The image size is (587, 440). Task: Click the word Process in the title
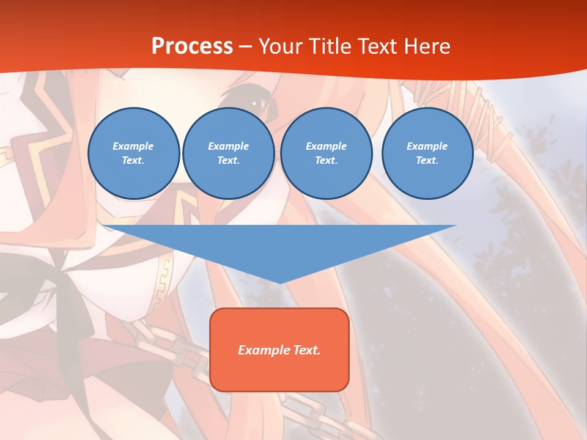[192, 46]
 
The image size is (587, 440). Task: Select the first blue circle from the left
[134, 153]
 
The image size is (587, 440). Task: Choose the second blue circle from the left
[229, 153]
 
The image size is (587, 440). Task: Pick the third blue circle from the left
[327, 153]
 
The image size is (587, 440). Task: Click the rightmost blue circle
[427, 153]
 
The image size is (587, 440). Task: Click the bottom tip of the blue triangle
[279, 283]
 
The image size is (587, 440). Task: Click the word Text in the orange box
[308, 350]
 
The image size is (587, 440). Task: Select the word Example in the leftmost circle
[133, 146]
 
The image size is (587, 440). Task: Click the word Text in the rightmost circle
[427, 161]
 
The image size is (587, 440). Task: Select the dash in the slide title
[246, 46]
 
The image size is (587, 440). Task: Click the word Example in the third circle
[326, 146]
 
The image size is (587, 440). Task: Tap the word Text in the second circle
[228, 161]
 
